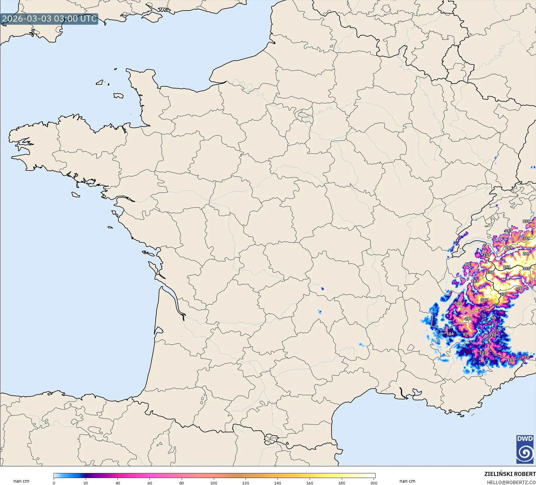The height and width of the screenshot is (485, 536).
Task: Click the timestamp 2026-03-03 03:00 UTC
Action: [x=49, y=19]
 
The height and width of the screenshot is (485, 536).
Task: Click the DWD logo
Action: [x=525, y=449]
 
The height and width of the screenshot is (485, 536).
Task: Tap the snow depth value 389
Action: [x=526, y=238]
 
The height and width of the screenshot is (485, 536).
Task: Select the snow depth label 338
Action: [x=490, y=272]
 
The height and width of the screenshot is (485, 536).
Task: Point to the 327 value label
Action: [x=484, y=300]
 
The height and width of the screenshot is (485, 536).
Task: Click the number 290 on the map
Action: [x=468, y=319]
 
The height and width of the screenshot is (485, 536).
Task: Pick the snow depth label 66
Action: [x=494, y=317]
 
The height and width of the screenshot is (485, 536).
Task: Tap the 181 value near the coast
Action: [x=511, y=360]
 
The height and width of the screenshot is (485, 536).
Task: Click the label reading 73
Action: [x=526, y=357]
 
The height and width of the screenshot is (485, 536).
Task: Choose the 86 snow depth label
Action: [x=467, y=264]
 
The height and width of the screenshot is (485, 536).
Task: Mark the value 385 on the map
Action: [x=526, y=268]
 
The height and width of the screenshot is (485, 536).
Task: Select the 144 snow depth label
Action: [x=450, y=334]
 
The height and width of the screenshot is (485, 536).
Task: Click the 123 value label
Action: [x=483, y=353]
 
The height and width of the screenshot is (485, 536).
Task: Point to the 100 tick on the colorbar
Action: [x=214, y=483]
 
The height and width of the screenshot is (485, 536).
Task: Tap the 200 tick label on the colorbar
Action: [x=374, y=483]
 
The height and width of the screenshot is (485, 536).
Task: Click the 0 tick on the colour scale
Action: [x=54, y=483]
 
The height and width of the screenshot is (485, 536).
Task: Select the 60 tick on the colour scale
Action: [x=150, y=483]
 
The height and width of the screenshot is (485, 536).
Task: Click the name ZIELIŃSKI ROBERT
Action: [x=510, y=474]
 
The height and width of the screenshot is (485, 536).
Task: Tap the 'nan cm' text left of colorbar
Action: [x=21, y=481]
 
